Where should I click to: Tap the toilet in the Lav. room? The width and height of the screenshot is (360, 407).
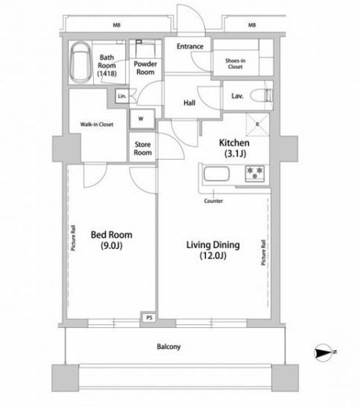[261, 95]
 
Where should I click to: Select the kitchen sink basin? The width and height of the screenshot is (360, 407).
[217, 174]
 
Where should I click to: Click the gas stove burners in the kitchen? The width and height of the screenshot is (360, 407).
[254, 173]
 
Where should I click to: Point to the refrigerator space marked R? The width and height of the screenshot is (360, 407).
[257, 124]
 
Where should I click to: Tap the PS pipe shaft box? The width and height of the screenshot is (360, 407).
[149, 318]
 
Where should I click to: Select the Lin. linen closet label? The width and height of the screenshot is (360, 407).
[122, 96]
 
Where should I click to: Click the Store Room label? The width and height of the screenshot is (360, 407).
[142, 149]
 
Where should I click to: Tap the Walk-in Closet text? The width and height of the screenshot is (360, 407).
[97, 124]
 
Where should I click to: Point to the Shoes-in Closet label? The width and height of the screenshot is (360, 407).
[236, 63]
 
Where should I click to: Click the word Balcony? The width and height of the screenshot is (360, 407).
[169, 347]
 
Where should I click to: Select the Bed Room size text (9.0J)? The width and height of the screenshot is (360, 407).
[112, 246]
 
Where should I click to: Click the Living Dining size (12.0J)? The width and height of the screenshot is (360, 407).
[213, 255]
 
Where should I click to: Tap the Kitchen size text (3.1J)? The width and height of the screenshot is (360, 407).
[236, 153]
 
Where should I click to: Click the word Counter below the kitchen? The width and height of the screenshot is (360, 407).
[214, 201]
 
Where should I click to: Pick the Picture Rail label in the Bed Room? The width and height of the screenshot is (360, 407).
[74, 238]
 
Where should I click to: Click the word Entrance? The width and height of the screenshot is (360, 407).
[190, 46]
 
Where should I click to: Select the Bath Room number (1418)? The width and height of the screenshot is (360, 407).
[107, 74]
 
